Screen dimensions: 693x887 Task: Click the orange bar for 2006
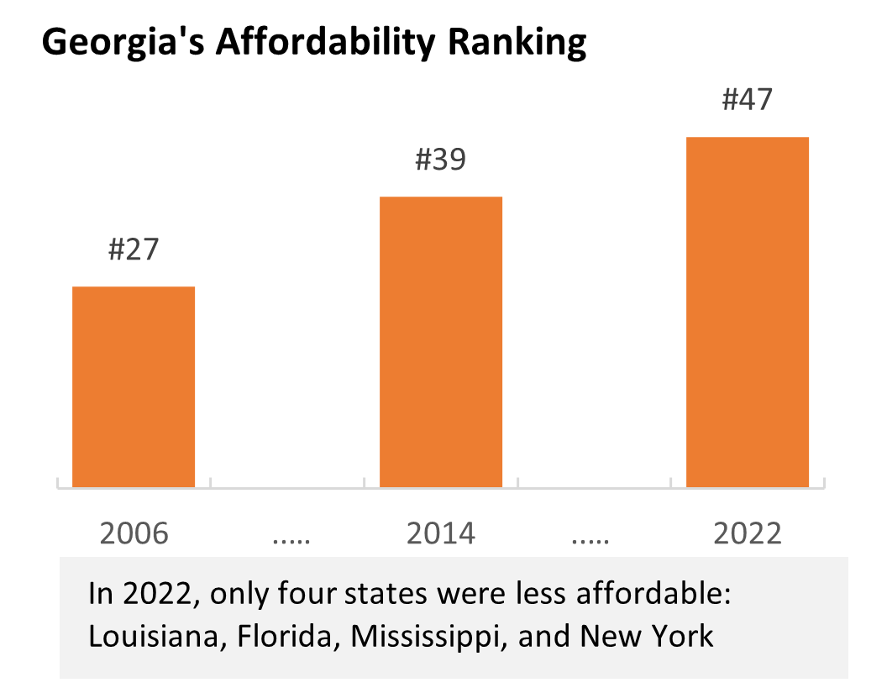(x=134, y=386)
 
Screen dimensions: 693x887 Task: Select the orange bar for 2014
(x=441, y=342)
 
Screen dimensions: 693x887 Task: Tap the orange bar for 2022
(x=748, y=312)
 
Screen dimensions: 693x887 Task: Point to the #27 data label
(x=134, y=249)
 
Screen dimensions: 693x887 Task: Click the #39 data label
(x=441, y=160)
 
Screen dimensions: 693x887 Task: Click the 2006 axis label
(x=134, y=533)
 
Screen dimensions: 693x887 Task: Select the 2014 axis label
(x=441, y=533)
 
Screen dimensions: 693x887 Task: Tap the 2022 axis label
(x=748, y=533)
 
